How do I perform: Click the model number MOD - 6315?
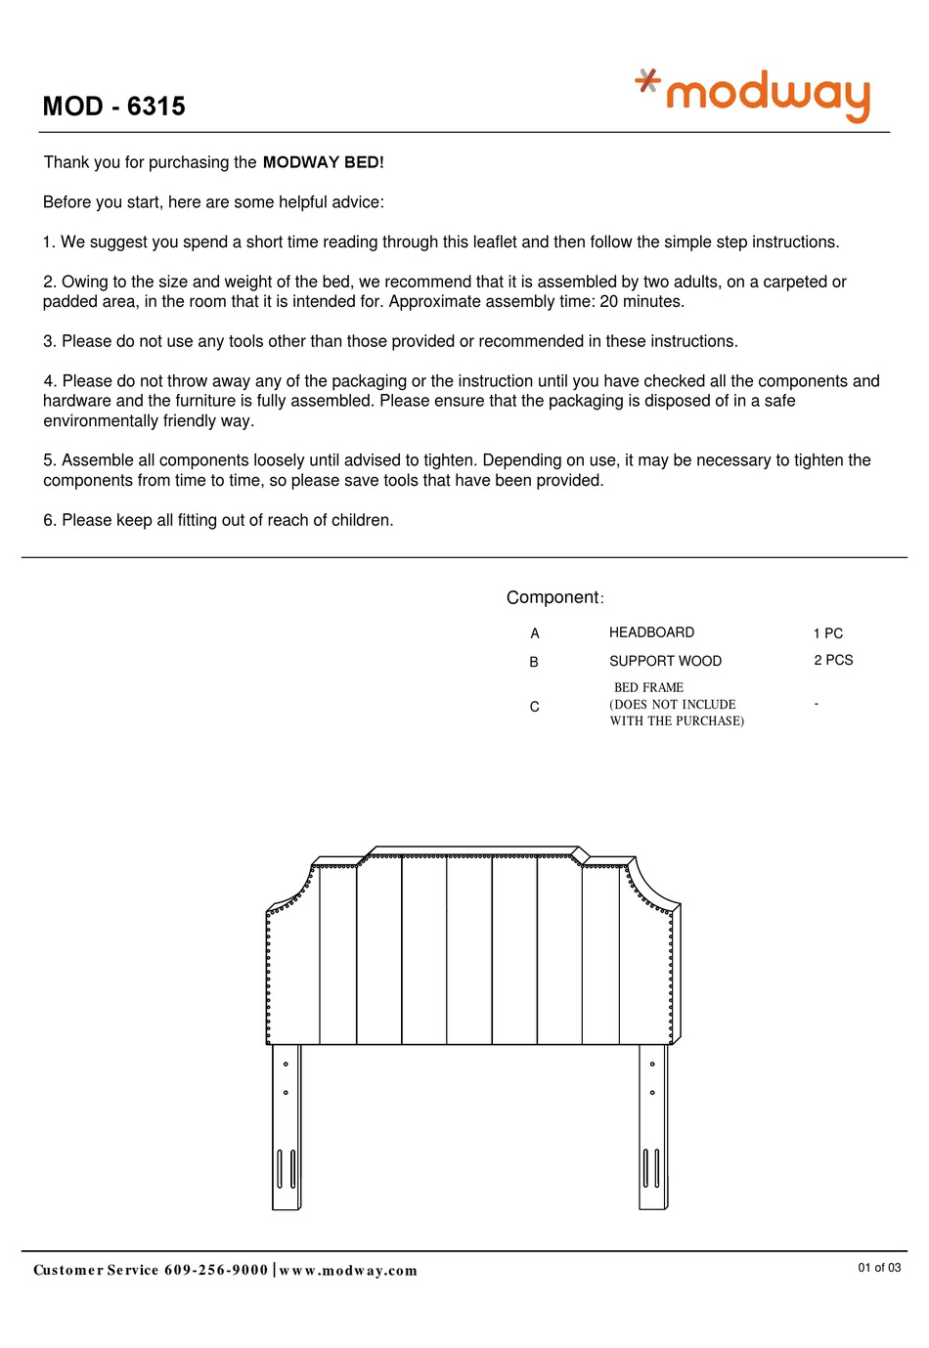[114, 107]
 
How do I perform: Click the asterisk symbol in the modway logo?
[647, 80]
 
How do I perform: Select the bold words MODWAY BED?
[323, 162]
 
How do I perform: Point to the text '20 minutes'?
[641, 301]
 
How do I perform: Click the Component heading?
[553, 597]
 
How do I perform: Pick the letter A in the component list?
[535, 633]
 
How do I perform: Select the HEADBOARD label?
[651, 632]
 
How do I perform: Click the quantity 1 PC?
[827, 633]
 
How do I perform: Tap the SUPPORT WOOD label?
[665, 661]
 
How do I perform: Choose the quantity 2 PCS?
[833, 660]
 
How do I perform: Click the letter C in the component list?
[534, 707]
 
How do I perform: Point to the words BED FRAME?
[648, 687]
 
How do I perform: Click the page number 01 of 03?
[879, 1267]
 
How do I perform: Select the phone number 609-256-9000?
[216, 1270]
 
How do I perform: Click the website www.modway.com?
[348, 1270]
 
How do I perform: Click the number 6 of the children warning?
[48, 520]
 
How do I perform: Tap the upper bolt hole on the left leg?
[286, 1064]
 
